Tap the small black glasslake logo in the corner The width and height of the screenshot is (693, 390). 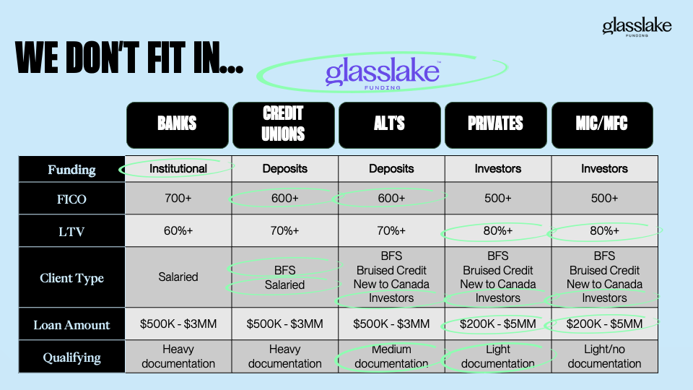click(x=637, y=27)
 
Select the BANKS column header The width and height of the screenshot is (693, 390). click(x=178, y=125)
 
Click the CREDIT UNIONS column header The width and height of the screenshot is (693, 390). click(x=283, y=125)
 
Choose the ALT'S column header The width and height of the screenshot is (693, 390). click(x=389, y=125)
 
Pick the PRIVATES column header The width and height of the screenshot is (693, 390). click(x=495, y=125)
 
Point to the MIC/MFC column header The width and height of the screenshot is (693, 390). click(x=602, y=125)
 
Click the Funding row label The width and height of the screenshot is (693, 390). click(x=71, y=169)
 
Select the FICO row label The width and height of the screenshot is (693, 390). click(x=71, y=199)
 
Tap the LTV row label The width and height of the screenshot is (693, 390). click(x=71, y=232)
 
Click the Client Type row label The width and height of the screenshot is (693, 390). click(x=71, y=277)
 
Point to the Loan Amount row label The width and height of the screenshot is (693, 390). click(x=71, y=324)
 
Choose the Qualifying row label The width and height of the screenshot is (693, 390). click(x=71, y=357)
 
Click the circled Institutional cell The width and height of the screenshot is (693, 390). click(x=178, y=168)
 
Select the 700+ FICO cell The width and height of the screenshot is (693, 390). click(x=178, y=198)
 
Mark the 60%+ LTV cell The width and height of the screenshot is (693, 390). click(x=178, y=231)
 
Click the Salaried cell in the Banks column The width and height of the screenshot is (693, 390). click(x=178, y=277)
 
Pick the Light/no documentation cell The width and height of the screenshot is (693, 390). click(x=604, y=356)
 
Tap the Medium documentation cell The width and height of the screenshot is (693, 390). click(x=391, y=356)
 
